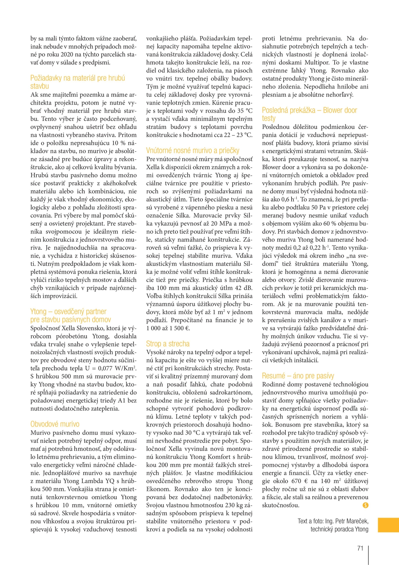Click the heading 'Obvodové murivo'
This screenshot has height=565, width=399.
click(x=55, y=424)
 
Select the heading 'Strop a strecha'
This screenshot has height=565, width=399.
click(x=168, y=344)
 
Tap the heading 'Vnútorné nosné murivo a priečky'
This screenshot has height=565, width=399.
click(x=192, y=150)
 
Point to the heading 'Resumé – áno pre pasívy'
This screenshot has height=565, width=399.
click(x=298, y=376)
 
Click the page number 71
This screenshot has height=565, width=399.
click(x=360, y=548)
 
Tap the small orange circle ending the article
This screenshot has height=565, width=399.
click(x=365, y=505)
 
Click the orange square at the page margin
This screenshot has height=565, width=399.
click(x=388, y=525)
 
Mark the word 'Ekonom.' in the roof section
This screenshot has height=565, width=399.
click(x=158, y=489)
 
